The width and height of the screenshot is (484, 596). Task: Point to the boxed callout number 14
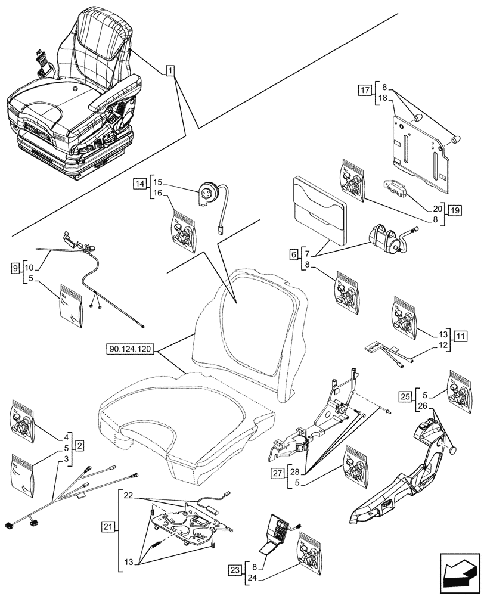tap(139, 183)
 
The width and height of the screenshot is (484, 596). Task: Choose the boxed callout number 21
tap(108, 527)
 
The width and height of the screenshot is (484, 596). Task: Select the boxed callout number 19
tap(455, 210)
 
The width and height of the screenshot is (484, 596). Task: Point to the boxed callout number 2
tap(79, 445)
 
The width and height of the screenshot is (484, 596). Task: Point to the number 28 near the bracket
tap(295, 472)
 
